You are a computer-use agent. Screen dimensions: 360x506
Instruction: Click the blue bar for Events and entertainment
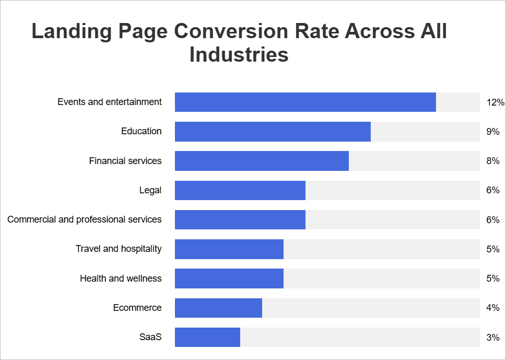click(305, 102)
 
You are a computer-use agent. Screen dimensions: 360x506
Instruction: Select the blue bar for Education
click(273, 132)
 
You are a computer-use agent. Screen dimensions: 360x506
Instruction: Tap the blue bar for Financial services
click(262, 161)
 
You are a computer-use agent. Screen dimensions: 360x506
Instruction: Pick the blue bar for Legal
click(240, 190)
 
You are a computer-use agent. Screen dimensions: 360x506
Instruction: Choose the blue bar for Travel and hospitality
click(229, 249)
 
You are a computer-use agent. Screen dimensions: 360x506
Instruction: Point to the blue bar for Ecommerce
click(218, 308)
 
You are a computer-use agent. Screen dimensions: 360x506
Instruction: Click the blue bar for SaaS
click(207, 337)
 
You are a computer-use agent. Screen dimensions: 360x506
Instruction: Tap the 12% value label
click(495, 102)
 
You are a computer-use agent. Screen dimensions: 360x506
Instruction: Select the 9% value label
click(492, 132)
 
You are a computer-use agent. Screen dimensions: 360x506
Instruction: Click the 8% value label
click(492, 161)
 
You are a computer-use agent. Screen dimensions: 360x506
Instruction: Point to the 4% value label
click(492, 308)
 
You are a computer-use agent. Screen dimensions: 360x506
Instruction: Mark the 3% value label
click(492, 337)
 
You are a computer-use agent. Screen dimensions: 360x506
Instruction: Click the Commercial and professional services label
click(85, 219)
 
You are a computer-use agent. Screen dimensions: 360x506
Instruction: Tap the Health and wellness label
click(121, 278)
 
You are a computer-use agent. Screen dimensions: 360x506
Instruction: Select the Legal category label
click(150, 190)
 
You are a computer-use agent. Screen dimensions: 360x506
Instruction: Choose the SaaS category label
click(150, 337)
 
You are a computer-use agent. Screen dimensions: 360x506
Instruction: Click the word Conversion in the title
click(230, 31)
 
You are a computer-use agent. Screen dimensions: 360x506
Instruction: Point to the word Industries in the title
click(239, 54)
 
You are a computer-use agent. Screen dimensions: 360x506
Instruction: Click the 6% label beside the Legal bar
click(492, 190)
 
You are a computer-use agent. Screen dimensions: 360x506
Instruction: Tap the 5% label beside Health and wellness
click(492, 278)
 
